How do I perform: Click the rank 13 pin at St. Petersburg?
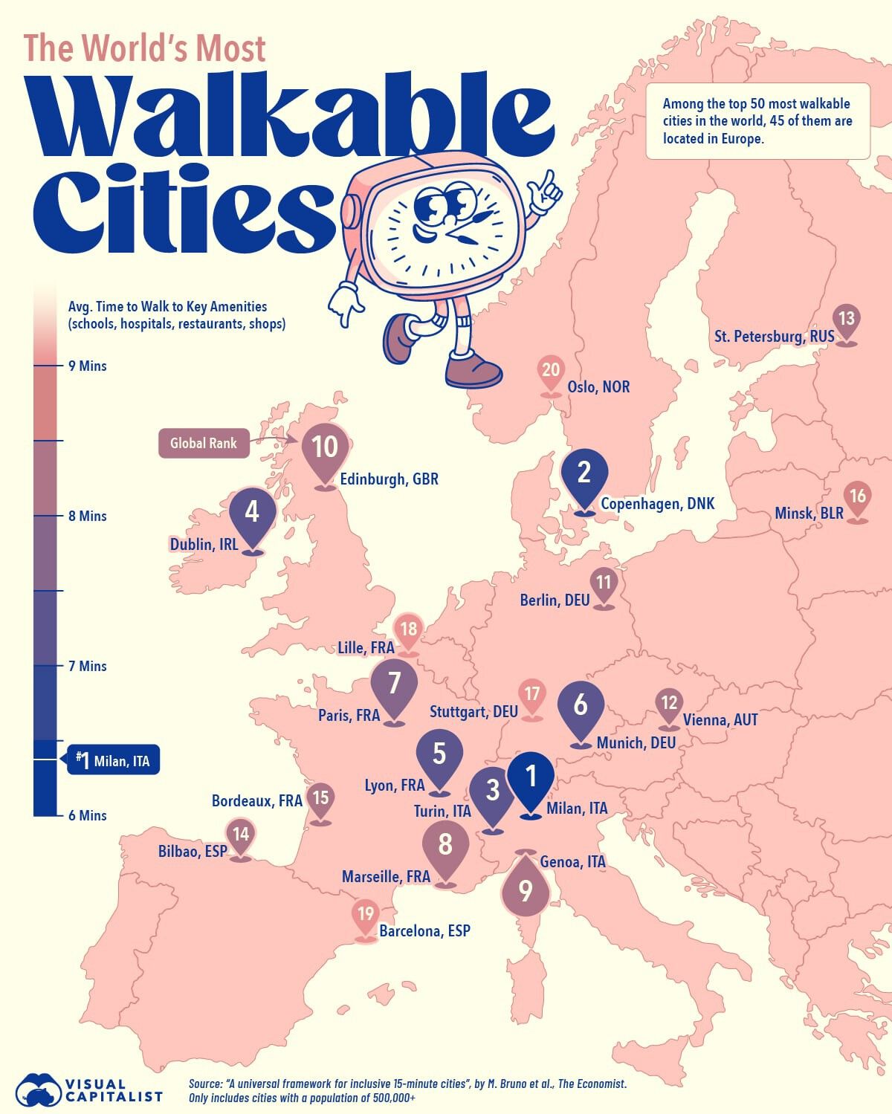click(x=846, y=320)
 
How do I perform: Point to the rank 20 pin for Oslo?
click(x=551, y=371)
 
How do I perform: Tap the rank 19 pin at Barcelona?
click(x=365, y=915)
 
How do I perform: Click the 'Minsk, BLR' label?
click(x=809, y=514)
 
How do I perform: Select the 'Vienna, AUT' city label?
click(x=720, y=719)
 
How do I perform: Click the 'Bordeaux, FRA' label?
click(x=256, y=800)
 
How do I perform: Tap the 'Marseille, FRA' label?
click(x=386, y=877)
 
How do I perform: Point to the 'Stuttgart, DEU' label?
click(x=474, y=712)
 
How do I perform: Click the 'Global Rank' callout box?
click(x=204, y=443)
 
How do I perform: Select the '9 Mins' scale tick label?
click(x=87, y=366)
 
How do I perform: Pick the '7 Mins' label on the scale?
click(x=87, y=666)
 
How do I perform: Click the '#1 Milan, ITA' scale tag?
click(x=113, y=760)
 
